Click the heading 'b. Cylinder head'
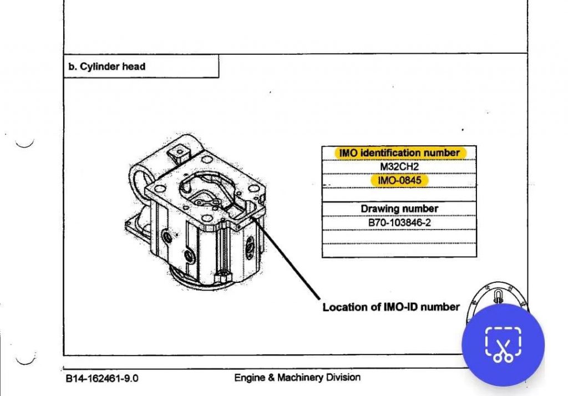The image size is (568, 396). tap(106, 67)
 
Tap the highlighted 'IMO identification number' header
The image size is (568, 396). tap(399, 153)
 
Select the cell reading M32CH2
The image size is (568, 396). tap(399, 166)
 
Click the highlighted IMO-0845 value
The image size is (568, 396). tap(399, 180)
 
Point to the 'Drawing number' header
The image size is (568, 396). tap(399, 209)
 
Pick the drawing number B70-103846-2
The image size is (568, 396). tap(399, 222)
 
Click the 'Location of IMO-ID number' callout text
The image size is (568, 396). tap(391, 307)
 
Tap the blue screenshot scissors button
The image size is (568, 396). tap(504, 344)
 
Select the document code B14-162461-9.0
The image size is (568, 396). tap(102, 379)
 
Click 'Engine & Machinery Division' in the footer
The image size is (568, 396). tap(297, 378)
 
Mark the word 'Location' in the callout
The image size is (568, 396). tap(344, 307)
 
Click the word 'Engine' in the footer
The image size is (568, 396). tap(250, 378)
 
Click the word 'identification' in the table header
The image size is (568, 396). tap(392, 153)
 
